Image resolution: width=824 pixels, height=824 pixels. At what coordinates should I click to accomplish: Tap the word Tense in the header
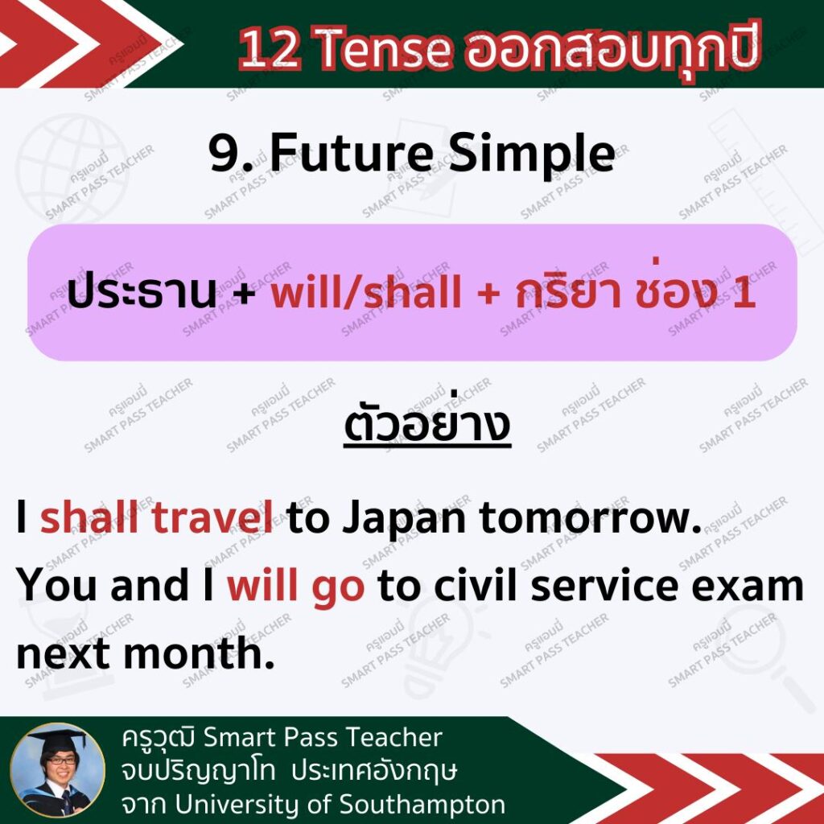point(384,50)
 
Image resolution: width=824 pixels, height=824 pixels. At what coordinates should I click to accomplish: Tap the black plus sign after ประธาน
point(244,293)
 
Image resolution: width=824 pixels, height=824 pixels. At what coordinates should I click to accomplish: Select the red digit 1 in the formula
point(745,292)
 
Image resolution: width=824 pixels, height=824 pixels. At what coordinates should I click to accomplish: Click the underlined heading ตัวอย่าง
point(426,425)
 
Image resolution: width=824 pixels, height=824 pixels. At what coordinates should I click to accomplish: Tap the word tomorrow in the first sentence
point(591,518)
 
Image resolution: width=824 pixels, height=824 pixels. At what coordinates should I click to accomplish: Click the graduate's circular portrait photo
point(58,770)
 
